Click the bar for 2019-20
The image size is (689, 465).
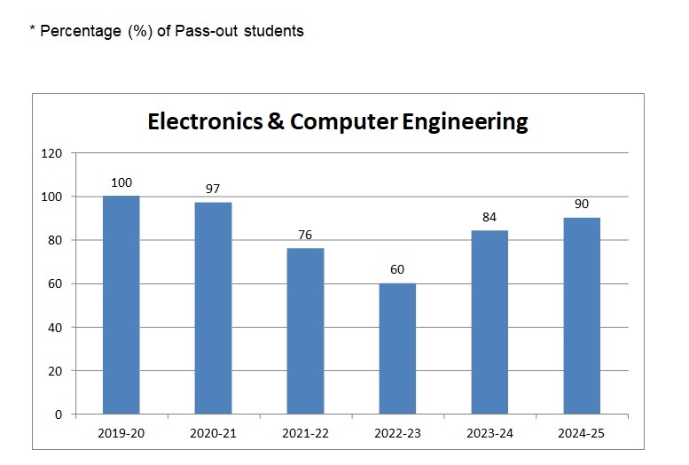coord(121,305)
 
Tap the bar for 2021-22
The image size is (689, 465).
coord(305,331)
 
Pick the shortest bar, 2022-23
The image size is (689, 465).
coord(397,349)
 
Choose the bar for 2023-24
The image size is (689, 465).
coord(489,322)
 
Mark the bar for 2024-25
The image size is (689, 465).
coord(582,316)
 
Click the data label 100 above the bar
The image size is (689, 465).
coord(121,183)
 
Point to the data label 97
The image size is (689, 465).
coord(213,190)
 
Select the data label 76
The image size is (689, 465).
coord(305,235)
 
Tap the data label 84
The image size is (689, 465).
coord(489,218)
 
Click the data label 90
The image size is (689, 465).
coord(582,205)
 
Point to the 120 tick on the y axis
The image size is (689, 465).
coord(52,153)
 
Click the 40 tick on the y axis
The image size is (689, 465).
coord(56,328)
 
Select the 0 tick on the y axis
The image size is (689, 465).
coord(59,415)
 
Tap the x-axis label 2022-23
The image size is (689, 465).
coord(397,434)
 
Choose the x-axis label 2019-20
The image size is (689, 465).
coord(121,434)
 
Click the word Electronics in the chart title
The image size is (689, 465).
coord(204,121)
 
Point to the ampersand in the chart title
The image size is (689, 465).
coord(277,121)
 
